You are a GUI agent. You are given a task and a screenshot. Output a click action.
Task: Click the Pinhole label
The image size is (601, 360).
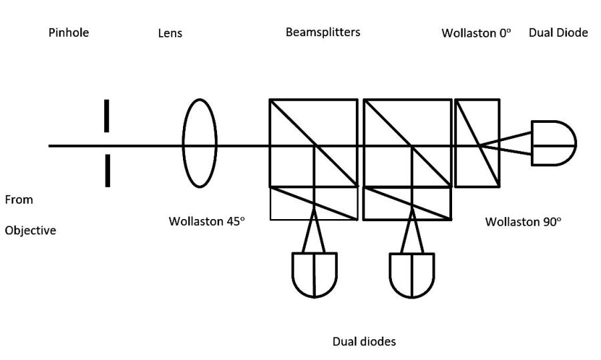click(69, 33)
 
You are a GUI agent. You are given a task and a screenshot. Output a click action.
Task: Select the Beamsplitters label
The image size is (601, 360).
click(323, 32)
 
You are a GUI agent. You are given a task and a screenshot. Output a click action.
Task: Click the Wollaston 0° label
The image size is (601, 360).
click(476, 33)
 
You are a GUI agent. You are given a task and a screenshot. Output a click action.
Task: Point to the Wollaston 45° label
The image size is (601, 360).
click(207, 221)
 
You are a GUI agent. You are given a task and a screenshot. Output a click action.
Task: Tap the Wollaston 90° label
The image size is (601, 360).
click(523, 221)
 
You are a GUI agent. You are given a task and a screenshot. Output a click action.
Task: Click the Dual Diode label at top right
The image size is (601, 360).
click(558, 33)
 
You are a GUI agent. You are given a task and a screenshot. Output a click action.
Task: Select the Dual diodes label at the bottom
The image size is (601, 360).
click(364, 341)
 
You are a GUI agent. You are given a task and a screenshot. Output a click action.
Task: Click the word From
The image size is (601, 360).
click(19, 200)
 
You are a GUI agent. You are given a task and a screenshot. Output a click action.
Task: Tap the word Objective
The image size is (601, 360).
click(31, 231)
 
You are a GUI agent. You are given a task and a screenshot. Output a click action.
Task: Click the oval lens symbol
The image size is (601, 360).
click(200, 143)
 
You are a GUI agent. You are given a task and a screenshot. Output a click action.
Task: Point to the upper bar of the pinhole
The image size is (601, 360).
click(107, 116)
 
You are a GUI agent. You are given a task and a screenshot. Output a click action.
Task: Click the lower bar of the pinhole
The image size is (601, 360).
click(107, 170)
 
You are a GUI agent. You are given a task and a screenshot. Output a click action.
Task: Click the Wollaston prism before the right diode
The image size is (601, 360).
click(476, 143)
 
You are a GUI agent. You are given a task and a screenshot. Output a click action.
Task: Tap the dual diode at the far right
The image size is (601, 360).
click(553, 143)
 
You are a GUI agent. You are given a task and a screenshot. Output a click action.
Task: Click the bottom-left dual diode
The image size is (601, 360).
click(315, 274)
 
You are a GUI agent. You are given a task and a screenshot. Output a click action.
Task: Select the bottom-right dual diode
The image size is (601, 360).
click(412, 274)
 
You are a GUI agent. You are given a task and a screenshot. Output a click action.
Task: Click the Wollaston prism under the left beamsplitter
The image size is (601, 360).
click(313, 203)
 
